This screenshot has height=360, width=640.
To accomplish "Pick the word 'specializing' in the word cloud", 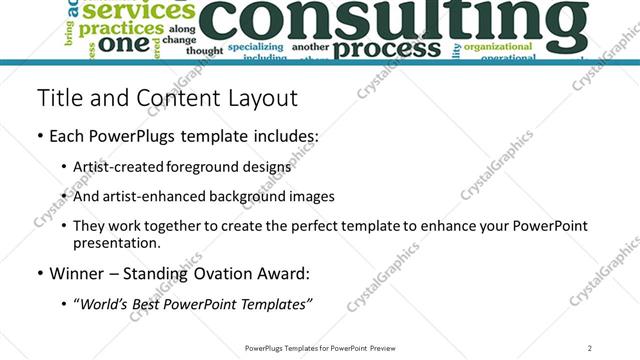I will coord(256,46).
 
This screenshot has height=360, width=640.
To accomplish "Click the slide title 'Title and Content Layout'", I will coord(167,98).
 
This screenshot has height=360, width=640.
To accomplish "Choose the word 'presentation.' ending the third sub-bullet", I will coord(116,243).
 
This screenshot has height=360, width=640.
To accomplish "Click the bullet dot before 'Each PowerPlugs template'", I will coord(39,135).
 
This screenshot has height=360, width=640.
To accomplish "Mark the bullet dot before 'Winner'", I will coord(39,273).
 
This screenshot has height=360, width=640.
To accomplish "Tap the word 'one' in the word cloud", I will coord(125,45).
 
